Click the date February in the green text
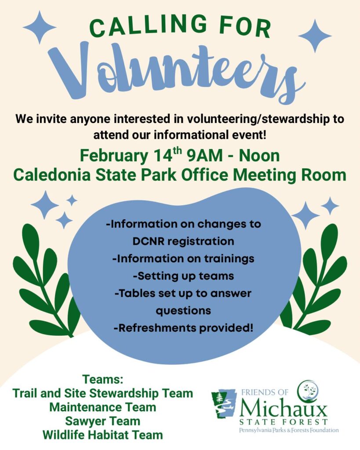pos(114,156)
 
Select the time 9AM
pos(205,156)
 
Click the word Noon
pos(259,156)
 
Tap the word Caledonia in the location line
pos(52,174)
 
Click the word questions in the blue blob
pos(183,311)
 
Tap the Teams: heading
pos(103,379)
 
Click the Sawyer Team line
pos(103,421)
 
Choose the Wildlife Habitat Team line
pos(103,435)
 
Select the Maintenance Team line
pos(103,407)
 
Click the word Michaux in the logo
pos(284,407)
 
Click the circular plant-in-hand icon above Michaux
pos(307,391)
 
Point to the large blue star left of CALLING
pos(40,27)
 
